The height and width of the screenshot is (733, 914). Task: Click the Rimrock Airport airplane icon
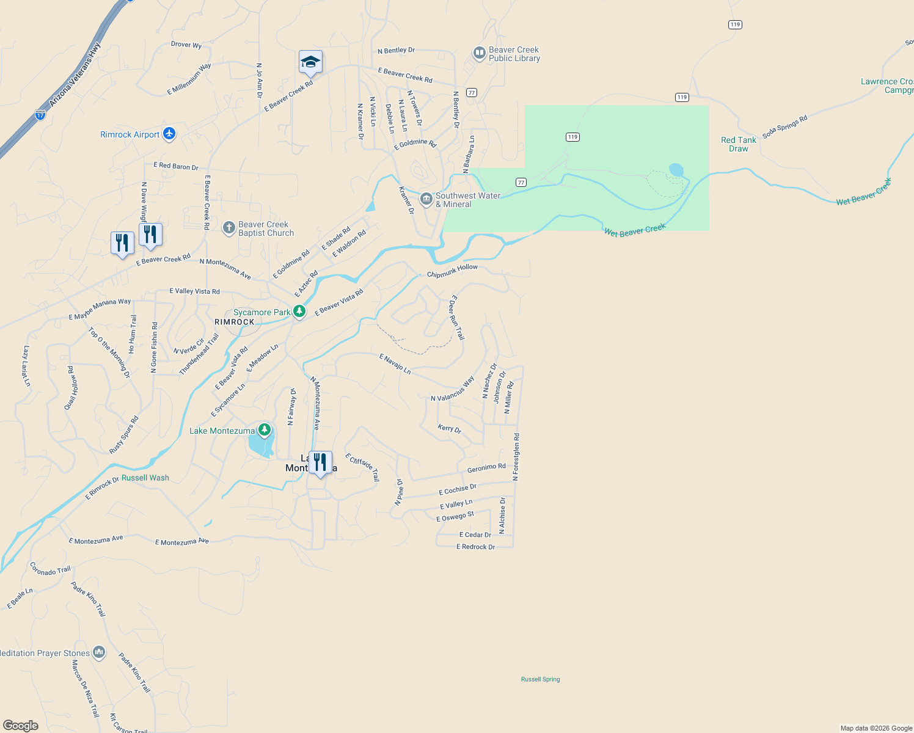click(x=169, y=134)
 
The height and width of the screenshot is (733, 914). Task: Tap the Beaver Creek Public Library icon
click(x=480, y=54)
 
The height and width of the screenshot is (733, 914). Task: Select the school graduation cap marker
click(x=310, y=62)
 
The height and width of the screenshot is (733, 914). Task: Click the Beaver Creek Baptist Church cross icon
click(x=228, y=228)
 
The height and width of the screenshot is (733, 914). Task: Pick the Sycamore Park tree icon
click(x=299, y=312)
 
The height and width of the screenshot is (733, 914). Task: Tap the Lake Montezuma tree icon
click(x=265, y=430)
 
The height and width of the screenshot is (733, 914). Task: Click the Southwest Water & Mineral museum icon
click(x=426, y=199)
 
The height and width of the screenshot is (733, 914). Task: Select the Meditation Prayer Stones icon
click(x=99, y=653)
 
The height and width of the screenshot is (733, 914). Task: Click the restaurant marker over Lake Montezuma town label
click(x=320, y=462)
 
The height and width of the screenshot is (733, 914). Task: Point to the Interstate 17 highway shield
click(x=40, y=114)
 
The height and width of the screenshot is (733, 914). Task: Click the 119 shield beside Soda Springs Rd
click(x=682, y=97)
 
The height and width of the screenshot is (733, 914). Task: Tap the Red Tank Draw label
click(x=738, y=144)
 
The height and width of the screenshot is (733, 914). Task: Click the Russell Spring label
click(x=540, y=679)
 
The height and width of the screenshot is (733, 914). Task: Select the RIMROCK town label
click(x=235, y=322)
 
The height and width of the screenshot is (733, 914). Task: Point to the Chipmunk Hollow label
click(x=452, y=271)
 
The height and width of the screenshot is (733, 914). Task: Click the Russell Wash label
click(x=145, y=478)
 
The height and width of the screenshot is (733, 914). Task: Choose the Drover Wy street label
click(x=186, y=45)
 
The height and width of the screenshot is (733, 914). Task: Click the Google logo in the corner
click(x=21, y=726)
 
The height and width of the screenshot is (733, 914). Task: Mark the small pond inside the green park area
click(x=676, y=169)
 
